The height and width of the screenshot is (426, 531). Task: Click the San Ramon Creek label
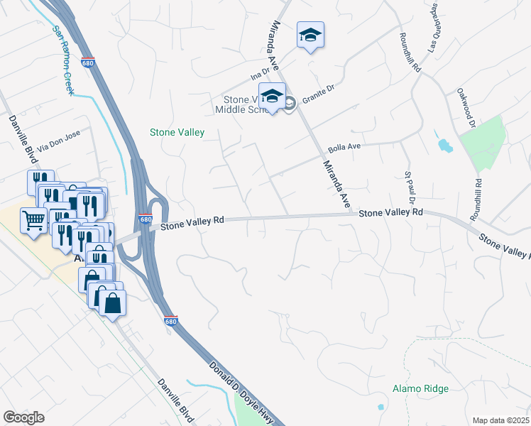point(63,62)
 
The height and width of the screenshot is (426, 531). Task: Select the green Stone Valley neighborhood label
point(177,132)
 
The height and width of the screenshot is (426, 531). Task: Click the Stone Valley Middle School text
point(237,104)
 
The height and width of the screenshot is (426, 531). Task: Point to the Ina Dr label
point(261,72)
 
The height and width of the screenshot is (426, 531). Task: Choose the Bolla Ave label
point(345,149)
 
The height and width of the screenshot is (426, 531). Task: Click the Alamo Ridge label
point(420,388)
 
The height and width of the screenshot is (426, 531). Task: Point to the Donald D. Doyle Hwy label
point(241,395)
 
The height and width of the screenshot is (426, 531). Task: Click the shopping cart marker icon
point(34,221)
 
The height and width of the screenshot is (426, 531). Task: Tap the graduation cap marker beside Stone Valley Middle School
point(272,96)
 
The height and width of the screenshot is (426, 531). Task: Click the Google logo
point(23,417)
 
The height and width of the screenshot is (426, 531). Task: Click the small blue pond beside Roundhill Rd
point(444,146)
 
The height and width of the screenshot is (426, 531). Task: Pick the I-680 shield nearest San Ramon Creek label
point(88,62)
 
